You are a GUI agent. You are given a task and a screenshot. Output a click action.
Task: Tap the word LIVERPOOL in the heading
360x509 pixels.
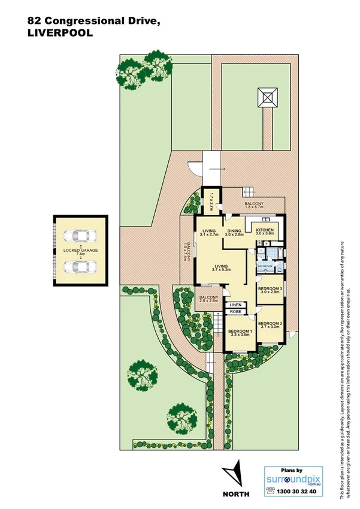[60, 34]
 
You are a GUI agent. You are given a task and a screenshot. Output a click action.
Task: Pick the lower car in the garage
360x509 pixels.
[80, 267]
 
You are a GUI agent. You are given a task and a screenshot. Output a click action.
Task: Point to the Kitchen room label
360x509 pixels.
[265, 230]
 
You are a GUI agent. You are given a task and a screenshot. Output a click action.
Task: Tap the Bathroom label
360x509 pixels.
[265, 266]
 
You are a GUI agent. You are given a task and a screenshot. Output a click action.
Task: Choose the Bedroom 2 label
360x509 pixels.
[270, 324]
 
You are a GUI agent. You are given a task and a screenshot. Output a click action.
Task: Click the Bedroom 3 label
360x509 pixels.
[270, 290]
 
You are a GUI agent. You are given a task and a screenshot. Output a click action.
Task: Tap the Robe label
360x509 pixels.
[235, 312]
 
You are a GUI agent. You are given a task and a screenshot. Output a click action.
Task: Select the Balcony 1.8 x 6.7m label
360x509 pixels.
[254, 206]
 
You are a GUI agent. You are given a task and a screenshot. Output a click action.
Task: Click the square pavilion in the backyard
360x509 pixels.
[268, 97]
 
